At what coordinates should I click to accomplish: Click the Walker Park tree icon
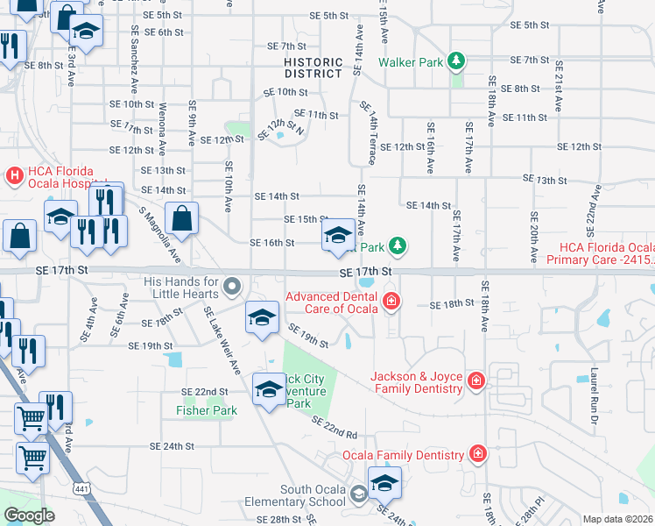(x=455, y=61)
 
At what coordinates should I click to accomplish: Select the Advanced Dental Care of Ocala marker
(x=391, y=303)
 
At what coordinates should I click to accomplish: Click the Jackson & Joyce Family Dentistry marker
(x=475, y=381)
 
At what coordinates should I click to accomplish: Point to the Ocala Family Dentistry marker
(x=477, y=454)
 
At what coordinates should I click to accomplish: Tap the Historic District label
(x=313, y=68)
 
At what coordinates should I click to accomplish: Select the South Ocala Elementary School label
(x=313, y=495)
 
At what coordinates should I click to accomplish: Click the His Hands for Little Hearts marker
(x=232, y=286)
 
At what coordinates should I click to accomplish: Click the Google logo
(x=29, y=515)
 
